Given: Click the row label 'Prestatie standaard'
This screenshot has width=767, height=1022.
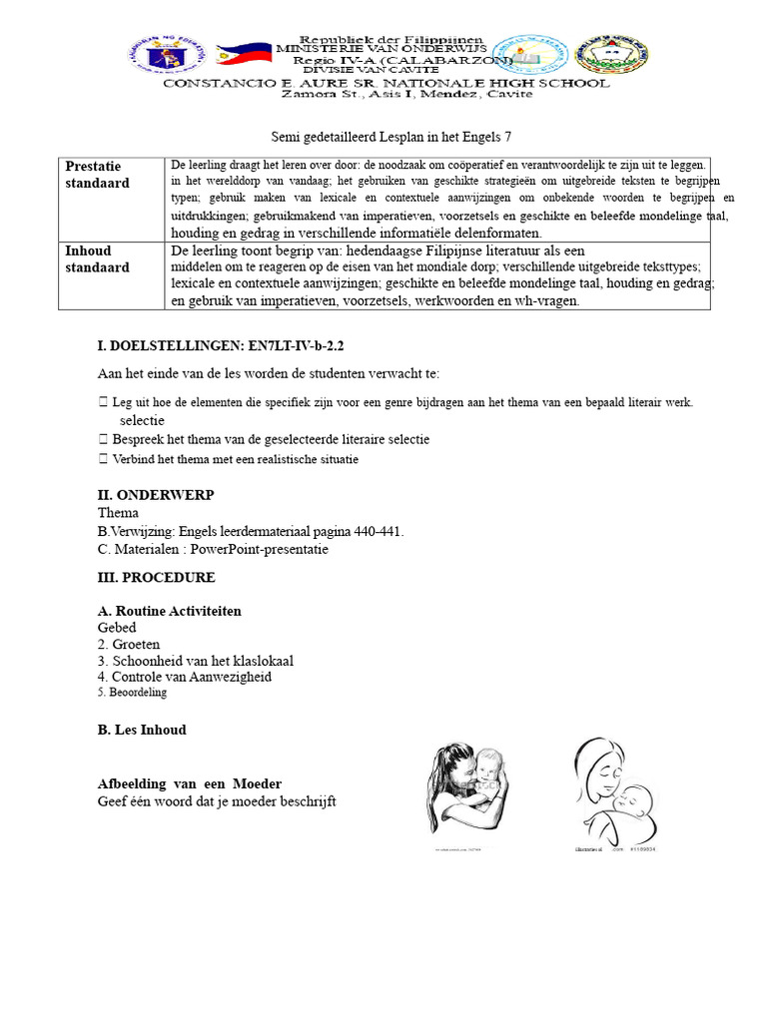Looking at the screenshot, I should coord(94,175).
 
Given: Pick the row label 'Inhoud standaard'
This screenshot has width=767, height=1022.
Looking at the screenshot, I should coord(98,259).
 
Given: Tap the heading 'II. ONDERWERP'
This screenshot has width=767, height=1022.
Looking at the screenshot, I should coord(156,495).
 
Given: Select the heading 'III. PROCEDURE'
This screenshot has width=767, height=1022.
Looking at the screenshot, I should coord(156,577).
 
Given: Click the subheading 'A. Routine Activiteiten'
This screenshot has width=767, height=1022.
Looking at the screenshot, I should coord(170,611).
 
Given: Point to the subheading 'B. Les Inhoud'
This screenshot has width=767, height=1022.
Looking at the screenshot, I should coord(142,730).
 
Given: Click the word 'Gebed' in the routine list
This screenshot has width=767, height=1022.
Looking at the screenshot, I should coord(117,628).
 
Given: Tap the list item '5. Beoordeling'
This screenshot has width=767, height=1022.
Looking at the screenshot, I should coord(133,693).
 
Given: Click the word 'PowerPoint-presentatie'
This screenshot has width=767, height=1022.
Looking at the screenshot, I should coord(260,549).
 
